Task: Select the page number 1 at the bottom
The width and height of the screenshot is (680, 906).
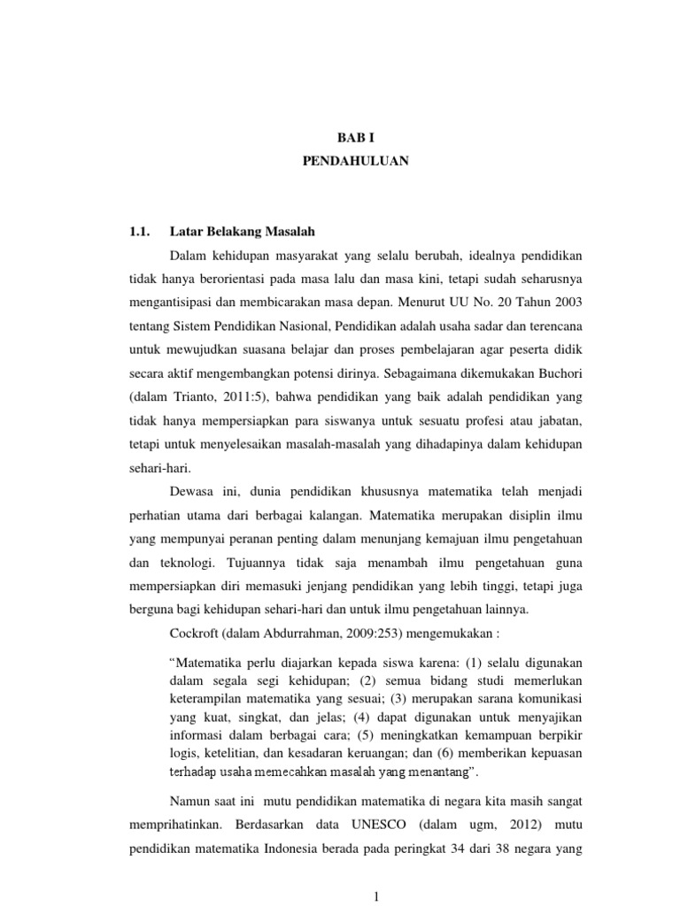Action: click(x=378, y=896)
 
